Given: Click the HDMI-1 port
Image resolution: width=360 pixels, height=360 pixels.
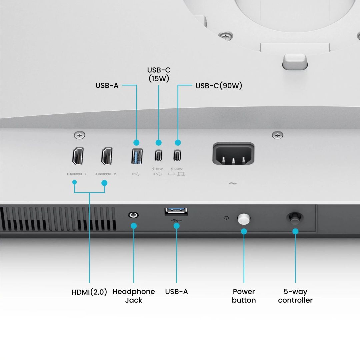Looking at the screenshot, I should [x=78, y=156].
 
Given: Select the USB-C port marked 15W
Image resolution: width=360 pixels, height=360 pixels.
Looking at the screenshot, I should [x=158, y=156].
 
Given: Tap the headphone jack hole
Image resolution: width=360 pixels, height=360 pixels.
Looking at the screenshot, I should [x=133, y=215].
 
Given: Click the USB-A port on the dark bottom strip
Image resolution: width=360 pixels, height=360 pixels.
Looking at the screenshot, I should [x=176, y=211].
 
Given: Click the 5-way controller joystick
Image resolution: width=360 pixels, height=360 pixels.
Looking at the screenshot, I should [x=294, y=219].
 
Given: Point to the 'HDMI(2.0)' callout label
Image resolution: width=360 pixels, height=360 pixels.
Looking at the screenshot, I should [x=89, y=292].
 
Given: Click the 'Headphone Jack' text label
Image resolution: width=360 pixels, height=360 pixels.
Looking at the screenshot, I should [x=134, y=296].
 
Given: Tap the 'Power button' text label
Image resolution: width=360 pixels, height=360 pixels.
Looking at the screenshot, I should [x=244, y=296].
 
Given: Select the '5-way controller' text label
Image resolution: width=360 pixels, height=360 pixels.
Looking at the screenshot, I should [x=295, y=296].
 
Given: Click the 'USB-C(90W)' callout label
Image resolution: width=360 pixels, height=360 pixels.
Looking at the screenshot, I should [x=219, y=86].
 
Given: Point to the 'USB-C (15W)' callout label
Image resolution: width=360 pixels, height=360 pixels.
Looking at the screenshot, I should [x=158, y=74].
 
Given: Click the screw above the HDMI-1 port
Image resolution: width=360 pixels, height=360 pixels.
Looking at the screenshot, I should [x=79, y=135].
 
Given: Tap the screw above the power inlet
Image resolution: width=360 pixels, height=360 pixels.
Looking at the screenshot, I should [x=277, y=135].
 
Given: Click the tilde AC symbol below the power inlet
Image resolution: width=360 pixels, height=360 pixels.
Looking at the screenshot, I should [x=233, y=183].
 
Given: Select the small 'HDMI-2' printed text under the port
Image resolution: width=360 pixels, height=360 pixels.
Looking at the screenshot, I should [x=106, y=174].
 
